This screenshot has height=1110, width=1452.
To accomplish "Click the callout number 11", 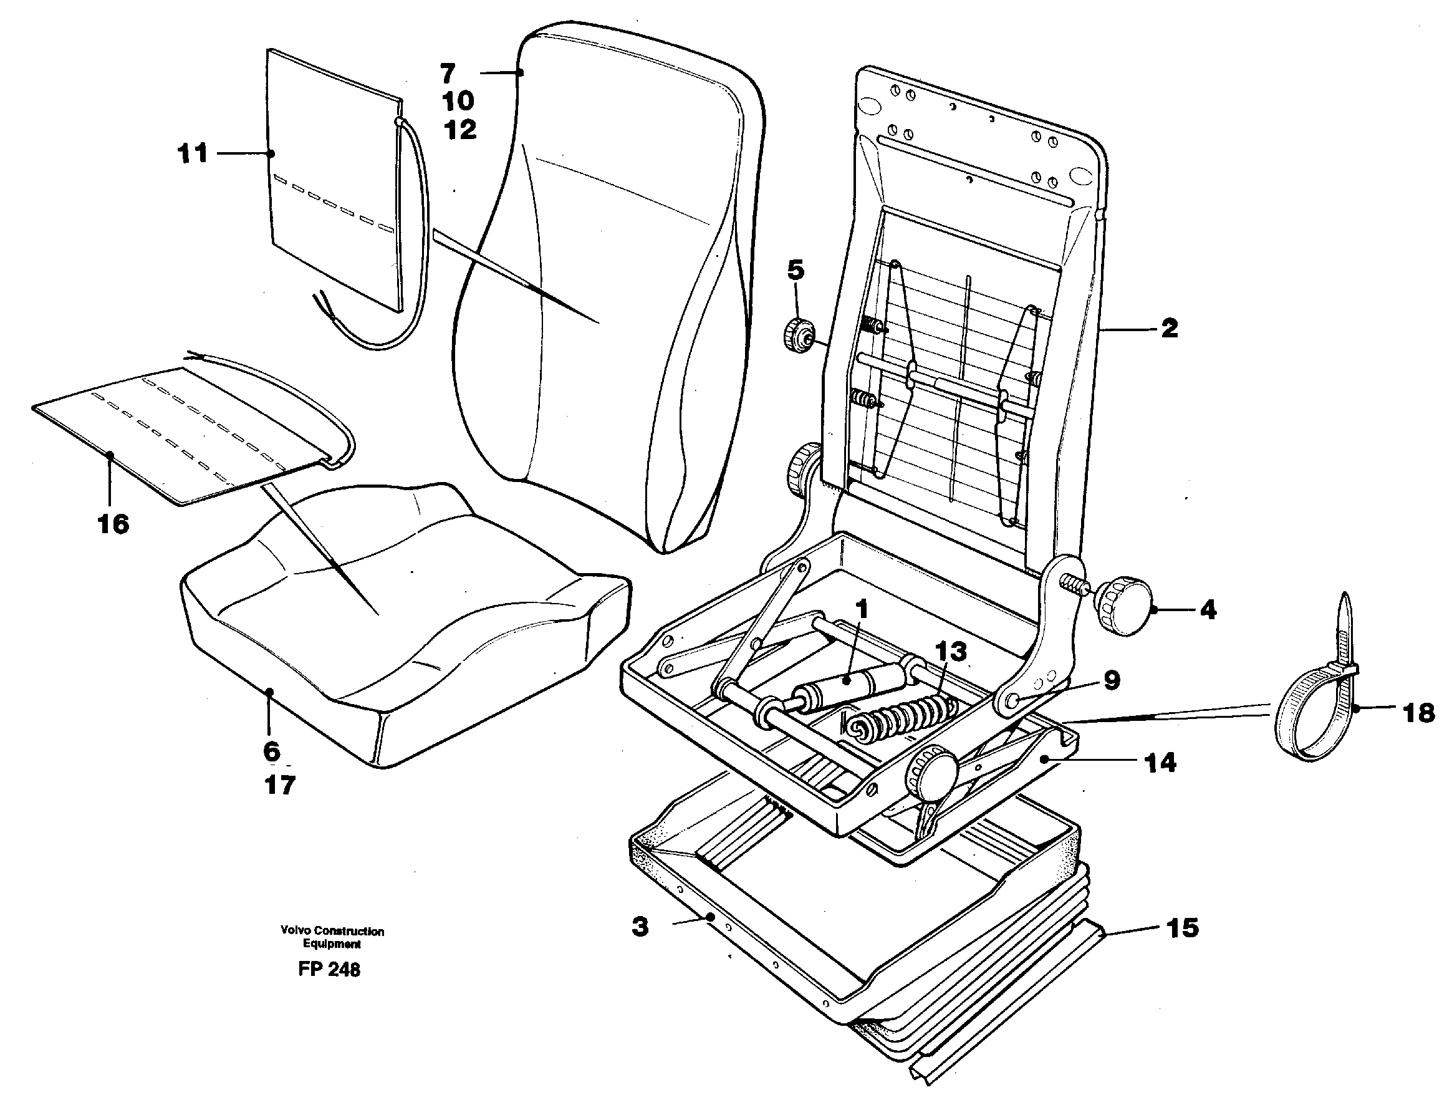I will [193, 154].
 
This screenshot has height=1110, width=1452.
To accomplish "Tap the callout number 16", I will [113, 524].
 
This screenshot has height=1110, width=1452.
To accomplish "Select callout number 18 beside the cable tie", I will [1418, 713].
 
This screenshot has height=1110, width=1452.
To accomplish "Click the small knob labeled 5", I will [797, 335].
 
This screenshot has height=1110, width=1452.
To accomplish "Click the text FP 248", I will [329, 969].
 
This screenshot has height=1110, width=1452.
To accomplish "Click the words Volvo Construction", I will [332, 931].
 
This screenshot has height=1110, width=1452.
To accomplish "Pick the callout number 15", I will [1182, 929].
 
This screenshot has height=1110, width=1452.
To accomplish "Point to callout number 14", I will [1161, 763].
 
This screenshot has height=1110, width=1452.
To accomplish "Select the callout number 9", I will [1112, 680].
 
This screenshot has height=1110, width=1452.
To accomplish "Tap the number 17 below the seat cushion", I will [279, 785].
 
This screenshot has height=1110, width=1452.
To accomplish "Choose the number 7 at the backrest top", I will [448, 74].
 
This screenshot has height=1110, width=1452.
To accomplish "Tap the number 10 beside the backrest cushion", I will [458, 101].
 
